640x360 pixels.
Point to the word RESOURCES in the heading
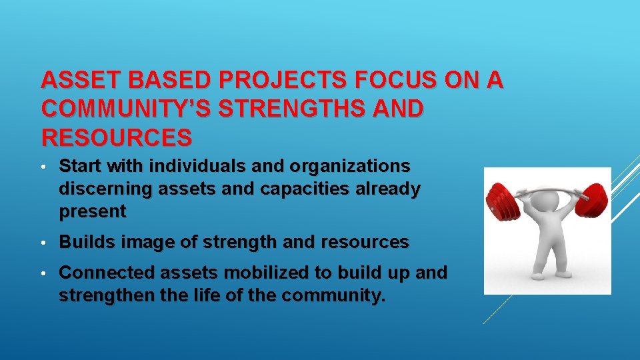[x=117, y=137]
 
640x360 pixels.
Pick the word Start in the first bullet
[x=79, y=165]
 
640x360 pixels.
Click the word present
[x=92, y=213]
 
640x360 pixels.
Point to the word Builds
[x=81, y=243]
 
